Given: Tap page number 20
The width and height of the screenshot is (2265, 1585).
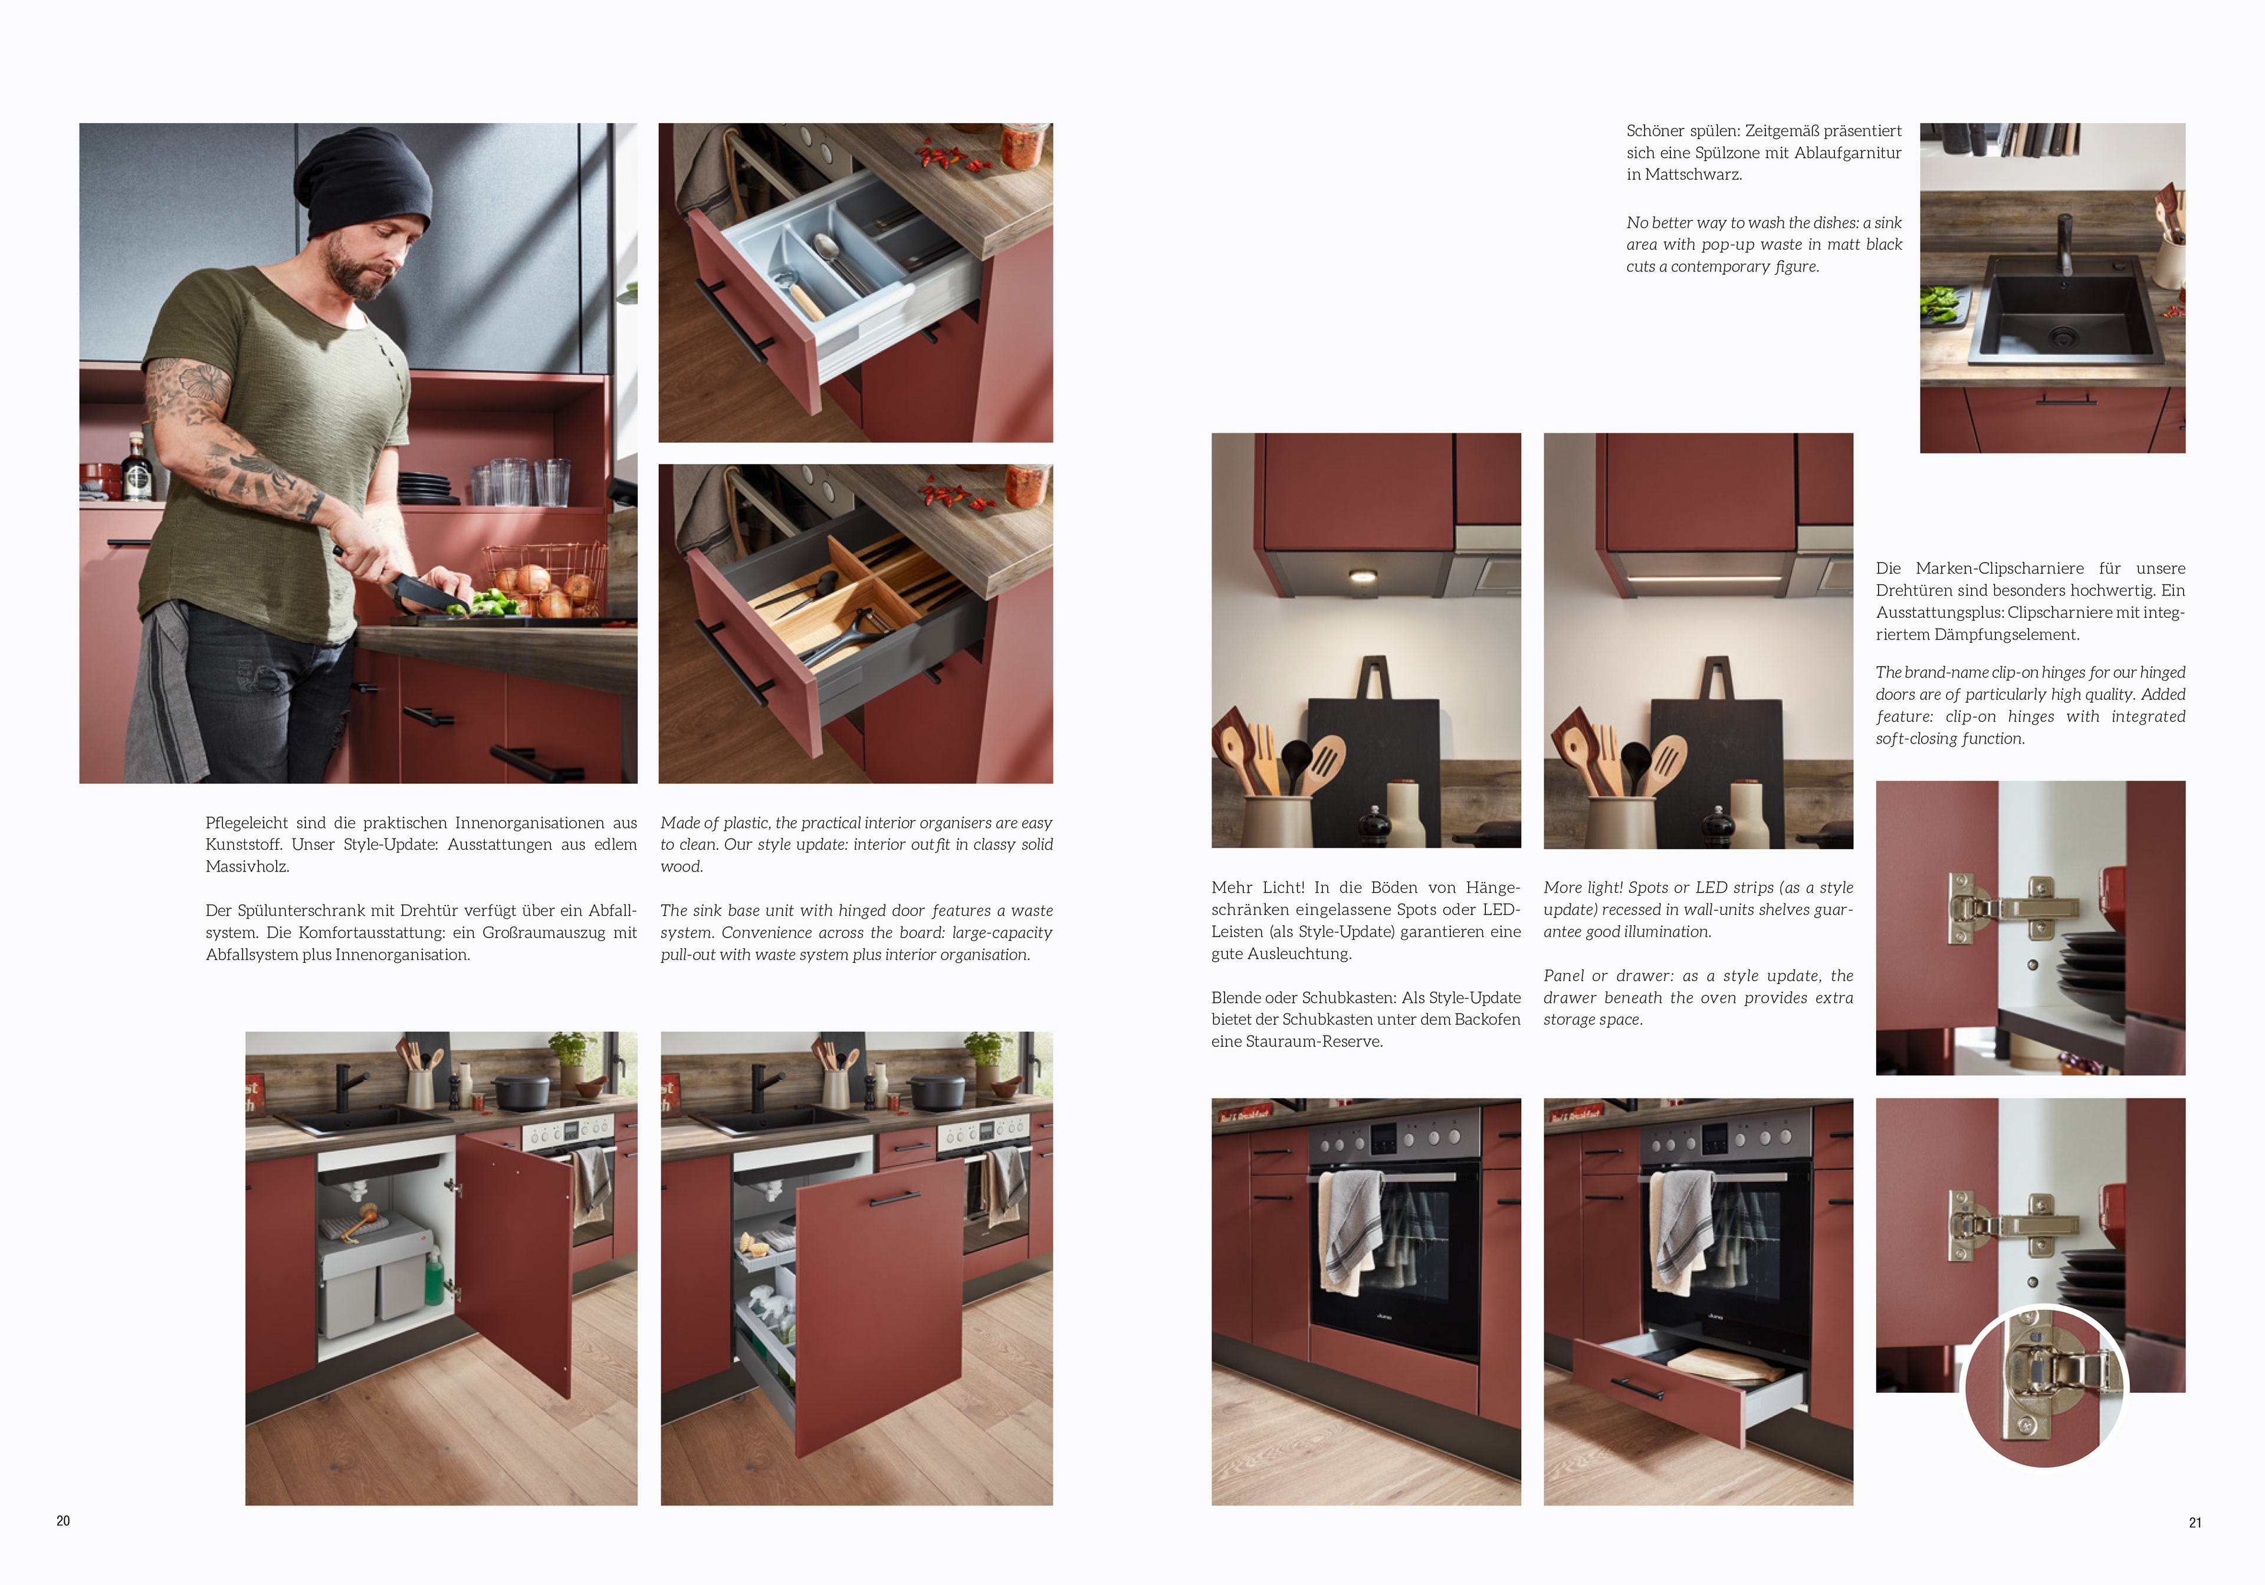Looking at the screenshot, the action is point(63,1521).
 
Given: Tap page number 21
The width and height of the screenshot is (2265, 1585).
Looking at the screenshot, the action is point(2195,1523).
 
